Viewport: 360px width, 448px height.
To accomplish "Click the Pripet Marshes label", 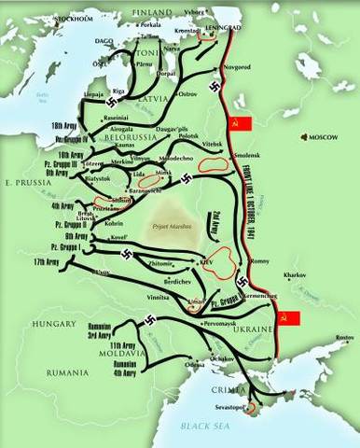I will coord(160,227).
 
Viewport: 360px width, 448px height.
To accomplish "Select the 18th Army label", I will coord(64,124).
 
